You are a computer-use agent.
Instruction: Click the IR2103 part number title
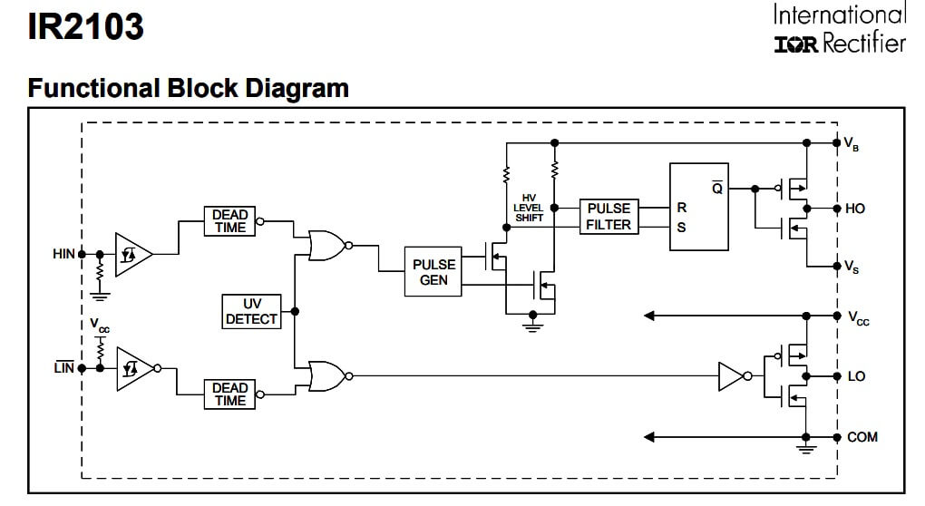pos(85,26)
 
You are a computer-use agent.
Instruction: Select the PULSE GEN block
pos(433,271)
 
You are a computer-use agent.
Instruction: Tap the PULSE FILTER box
pos(609,217)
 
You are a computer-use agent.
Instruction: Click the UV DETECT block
pos(251,311)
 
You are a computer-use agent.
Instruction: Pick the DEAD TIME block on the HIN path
pos(229,221)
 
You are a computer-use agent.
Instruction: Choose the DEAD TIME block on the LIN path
pos(229,394)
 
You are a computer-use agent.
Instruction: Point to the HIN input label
pos(63,254)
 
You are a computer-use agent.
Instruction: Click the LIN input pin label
pos(64,367)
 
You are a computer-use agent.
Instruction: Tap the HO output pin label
pos(855,209)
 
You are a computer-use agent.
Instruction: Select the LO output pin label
pos(856,376)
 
